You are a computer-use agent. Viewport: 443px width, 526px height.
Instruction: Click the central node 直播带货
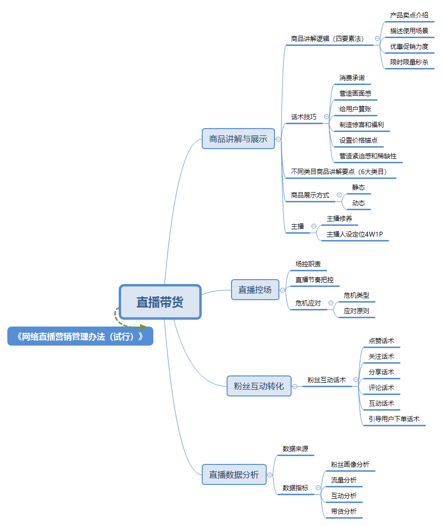point(160,302)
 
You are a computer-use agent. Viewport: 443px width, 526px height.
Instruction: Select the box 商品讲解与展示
point(238,139)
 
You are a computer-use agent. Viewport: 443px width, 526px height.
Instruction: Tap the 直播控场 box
point(255,290)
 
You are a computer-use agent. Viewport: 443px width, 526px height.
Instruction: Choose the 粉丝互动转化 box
point(259,386)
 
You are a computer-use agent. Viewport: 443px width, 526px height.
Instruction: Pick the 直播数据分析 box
point(234,475)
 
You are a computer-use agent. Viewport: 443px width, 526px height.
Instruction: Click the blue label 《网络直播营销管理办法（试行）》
point(80,336)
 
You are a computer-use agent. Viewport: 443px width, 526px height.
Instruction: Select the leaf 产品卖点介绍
point(409,15)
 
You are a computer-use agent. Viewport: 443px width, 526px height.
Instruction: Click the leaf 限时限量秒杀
point(409,62)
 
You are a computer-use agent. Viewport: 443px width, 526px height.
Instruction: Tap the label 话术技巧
point(304,117)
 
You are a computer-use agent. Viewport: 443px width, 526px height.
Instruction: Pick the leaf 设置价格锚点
point(359,140)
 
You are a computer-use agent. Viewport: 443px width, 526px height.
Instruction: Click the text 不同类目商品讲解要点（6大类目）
point(339,172)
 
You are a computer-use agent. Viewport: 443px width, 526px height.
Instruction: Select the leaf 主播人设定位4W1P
point(355,234)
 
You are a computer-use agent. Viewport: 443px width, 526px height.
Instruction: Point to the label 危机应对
point(308,303)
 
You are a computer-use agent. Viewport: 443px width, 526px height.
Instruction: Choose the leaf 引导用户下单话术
point(394,419)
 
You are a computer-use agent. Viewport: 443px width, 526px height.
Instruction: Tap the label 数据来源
point(295,449)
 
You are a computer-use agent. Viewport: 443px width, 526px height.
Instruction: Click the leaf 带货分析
point(344,512)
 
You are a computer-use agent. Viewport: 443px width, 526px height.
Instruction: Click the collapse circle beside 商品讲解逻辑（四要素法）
point(377,39)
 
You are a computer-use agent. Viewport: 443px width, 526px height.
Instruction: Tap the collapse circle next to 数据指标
point(318,488)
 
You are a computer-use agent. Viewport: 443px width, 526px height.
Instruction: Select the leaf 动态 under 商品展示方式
point(359,203)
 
